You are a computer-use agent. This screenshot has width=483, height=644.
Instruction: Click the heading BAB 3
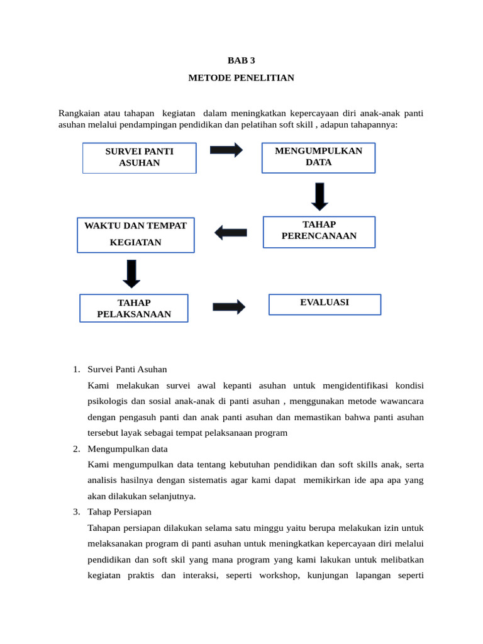(241, 60)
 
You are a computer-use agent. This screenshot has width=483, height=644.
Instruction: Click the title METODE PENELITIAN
(241, 78)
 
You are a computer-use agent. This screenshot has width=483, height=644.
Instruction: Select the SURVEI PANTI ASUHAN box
(139, 157)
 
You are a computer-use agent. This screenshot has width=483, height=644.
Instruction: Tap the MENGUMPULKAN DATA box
(318, 157)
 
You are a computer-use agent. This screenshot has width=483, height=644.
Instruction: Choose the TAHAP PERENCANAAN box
(319, 231)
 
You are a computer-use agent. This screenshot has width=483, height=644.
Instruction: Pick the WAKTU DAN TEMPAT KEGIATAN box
(136, 234)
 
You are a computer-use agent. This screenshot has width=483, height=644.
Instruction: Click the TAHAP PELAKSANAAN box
(134, 308)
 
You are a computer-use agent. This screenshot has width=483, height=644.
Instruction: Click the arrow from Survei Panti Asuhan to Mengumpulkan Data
(226, 150)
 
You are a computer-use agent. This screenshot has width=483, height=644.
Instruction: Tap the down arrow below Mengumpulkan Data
(320, 196)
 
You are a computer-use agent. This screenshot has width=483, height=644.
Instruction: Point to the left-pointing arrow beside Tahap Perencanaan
(231, 233)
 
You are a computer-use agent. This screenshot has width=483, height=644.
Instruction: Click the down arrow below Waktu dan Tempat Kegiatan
(131, 274)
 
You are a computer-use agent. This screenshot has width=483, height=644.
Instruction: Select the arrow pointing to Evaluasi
(229, 307)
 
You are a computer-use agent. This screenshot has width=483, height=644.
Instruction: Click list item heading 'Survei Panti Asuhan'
(127, 369)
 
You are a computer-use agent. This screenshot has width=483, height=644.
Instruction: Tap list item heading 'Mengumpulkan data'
(128, 449)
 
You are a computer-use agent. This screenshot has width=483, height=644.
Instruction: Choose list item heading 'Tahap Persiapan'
(119, 511)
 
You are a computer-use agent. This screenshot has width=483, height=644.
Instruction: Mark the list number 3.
(75, 511)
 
